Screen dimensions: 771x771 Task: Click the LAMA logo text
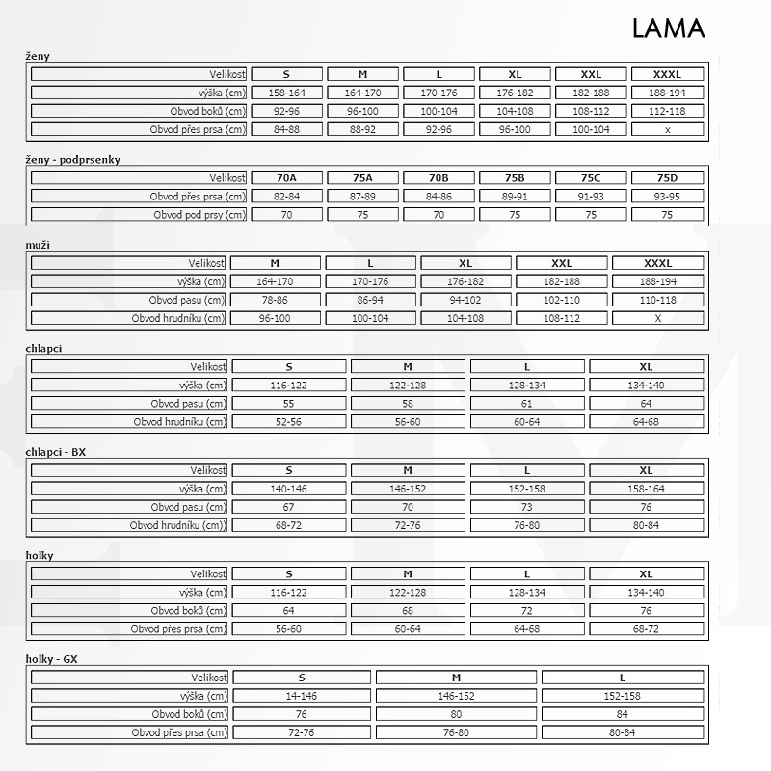668,28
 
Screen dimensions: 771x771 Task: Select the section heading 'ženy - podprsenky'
73,159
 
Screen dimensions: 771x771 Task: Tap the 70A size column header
286,177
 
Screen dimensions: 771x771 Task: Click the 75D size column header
667,177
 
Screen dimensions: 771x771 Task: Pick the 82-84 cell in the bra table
286,196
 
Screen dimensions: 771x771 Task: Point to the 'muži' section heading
38,245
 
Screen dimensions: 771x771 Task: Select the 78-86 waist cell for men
275,300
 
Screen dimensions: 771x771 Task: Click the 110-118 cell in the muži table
657,300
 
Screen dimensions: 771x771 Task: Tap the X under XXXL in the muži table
657,318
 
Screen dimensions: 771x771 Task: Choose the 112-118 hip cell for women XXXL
667,111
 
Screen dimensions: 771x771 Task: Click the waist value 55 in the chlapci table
288,403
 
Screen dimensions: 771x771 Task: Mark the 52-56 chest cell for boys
288,421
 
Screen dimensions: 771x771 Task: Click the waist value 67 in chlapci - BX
288,507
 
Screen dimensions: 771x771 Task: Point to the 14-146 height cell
301,696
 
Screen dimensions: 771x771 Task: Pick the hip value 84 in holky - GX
622,714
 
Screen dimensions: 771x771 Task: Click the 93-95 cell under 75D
667,196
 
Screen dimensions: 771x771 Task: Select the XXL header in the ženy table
591,74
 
